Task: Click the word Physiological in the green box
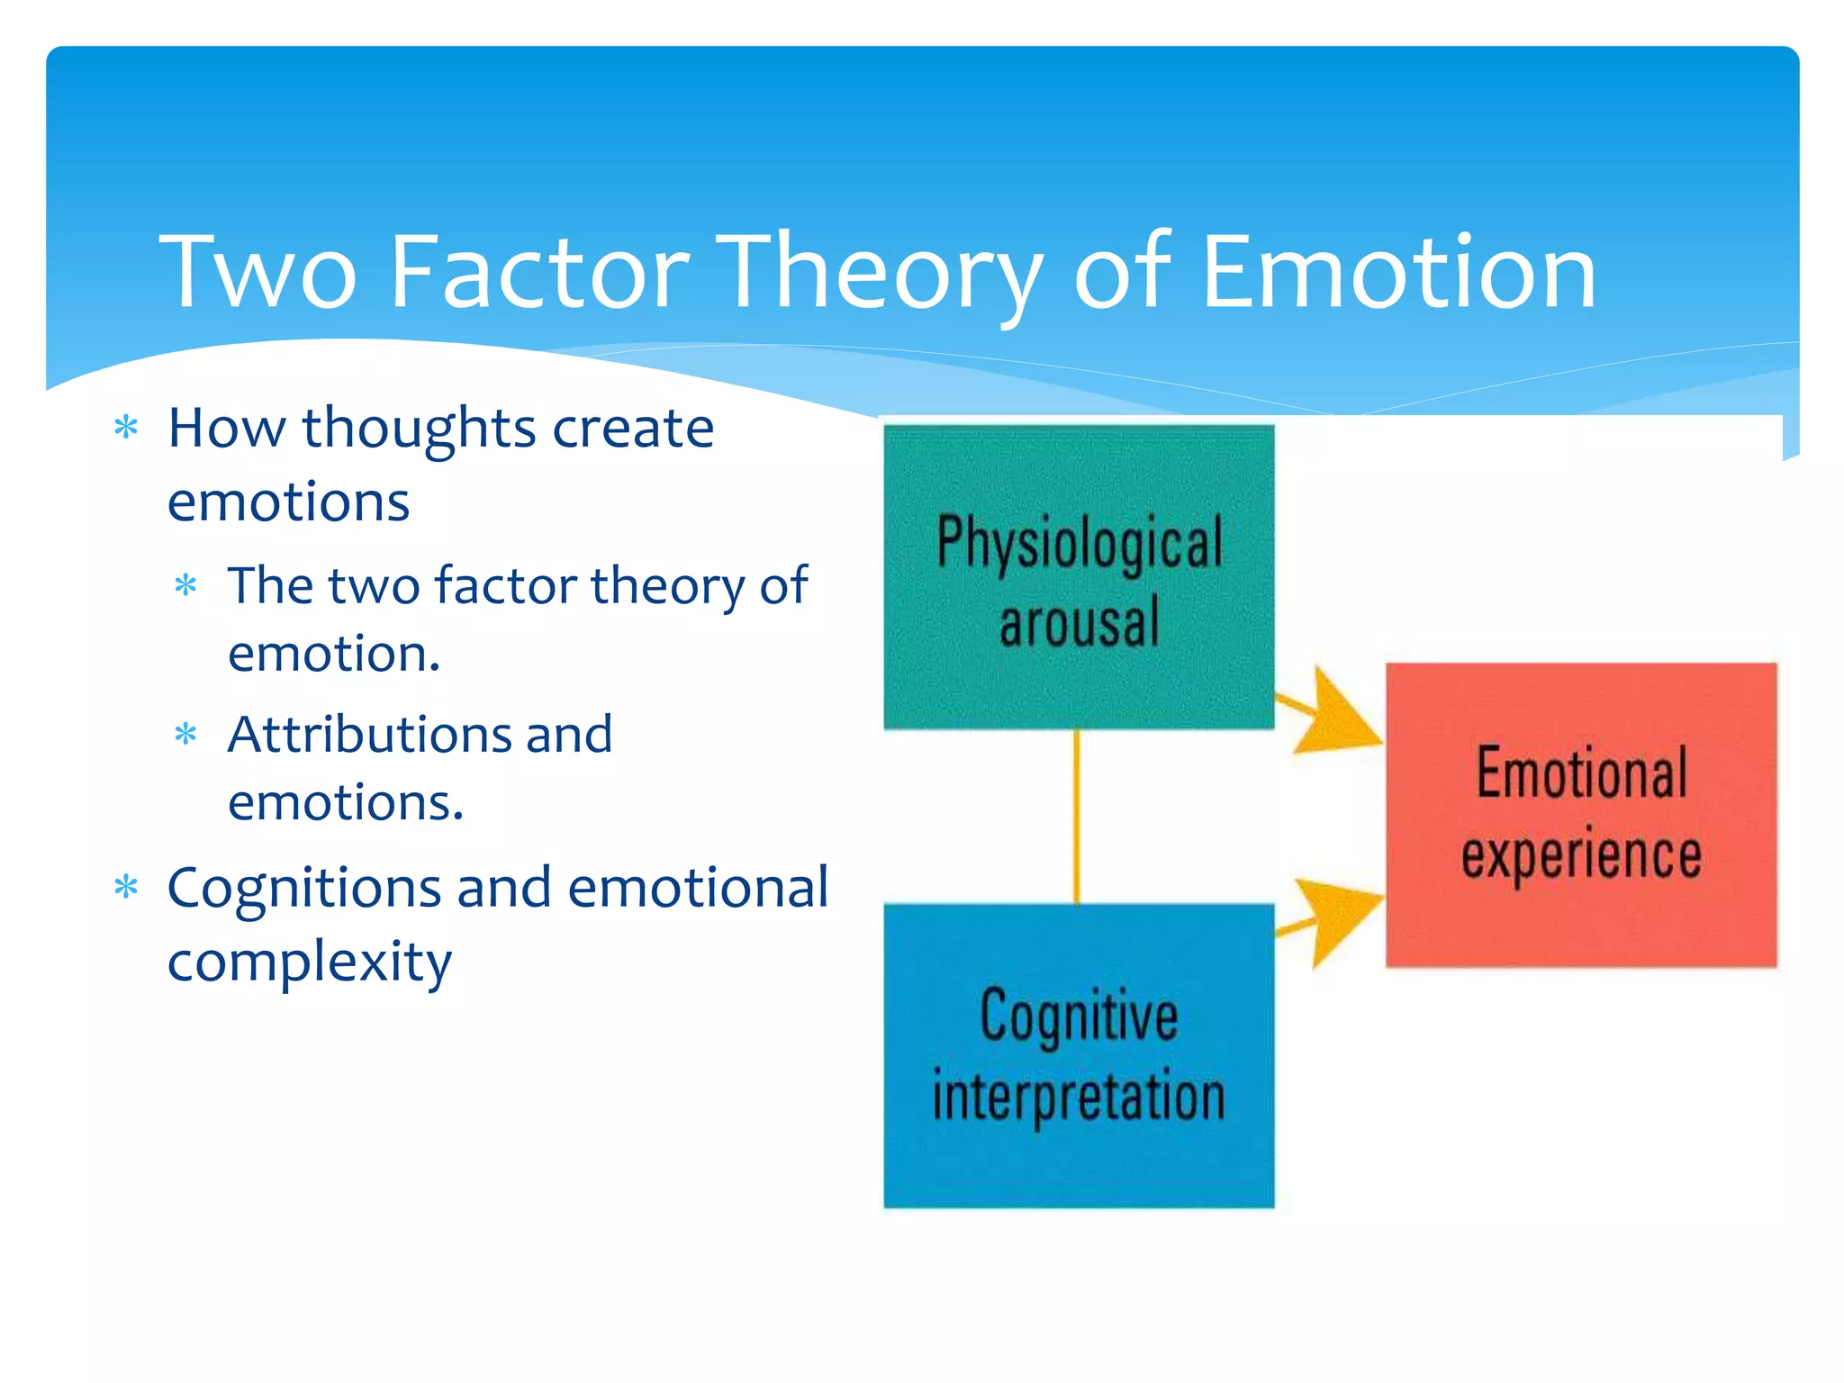pos(1080,543)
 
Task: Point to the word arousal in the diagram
pos(1080,623)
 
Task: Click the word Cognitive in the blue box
pos(1079,1016)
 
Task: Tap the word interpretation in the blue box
pos(1079,1097)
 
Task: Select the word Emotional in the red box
pos(1581,773)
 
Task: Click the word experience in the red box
pos(1581,854)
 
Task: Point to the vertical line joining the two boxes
pos(1077,816)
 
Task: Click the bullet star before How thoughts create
pos(126,428)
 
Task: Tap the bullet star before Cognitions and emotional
pos(126,888)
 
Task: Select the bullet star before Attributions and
pos(185,735)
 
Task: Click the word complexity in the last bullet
pos(309,963)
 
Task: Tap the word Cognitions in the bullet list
pos(304,889)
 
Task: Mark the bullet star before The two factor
pos(185,586)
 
